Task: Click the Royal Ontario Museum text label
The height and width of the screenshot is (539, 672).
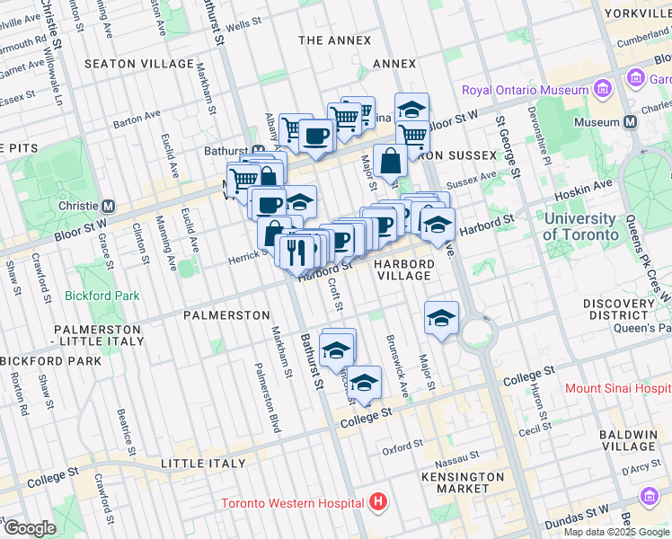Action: pos(525,90)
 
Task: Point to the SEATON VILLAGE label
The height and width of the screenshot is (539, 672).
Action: pos(138,64)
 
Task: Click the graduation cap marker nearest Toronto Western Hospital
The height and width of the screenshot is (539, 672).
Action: pos(364,384)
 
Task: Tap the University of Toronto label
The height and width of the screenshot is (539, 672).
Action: pos(579,226)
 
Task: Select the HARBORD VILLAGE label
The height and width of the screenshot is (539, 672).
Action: pos(404,269)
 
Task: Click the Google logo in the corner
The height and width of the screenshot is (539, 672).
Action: pos(29,527)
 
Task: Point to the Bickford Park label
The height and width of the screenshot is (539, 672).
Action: pos(102,295)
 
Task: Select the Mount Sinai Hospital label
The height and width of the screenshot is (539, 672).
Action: pos(618,388)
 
